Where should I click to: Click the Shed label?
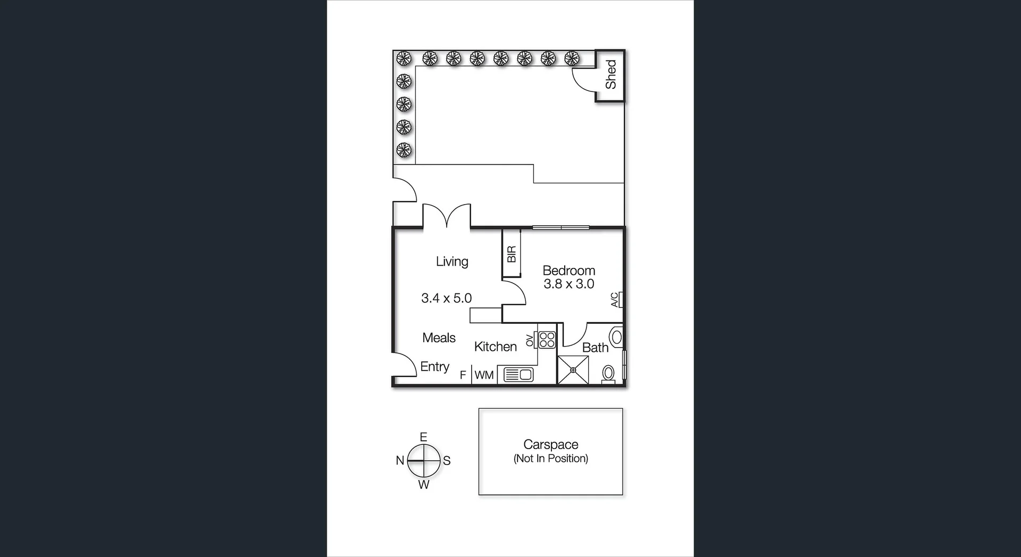[x=610, y=74]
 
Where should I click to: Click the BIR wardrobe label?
[x=512, y=254]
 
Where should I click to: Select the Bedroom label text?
[x=568, y=271]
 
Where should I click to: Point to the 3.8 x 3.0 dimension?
[x=568, y=284]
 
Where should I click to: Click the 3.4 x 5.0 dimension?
[x=446, y=298]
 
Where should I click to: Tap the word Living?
[x=452, y=261]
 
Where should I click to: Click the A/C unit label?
[x=615, y=300]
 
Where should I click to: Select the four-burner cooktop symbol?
[x=547, y=340]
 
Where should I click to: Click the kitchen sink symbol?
[x=518, y=375]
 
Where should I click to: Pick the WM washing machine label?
[x=484, y=375]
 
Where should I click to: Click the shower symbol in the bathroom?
[x=573, y=370]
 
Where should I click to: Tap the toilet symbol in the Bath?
[x=608, y=373]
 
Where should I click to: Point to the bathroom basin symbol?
[x=617, y=337]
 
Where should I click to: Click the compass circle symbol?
[x=424, y=460]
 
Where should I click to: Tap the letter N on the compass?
[x=400, y=461]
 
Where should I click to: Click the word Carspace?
[x=550, y=444]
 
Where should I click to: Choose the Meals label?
[x=439, y=338]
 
